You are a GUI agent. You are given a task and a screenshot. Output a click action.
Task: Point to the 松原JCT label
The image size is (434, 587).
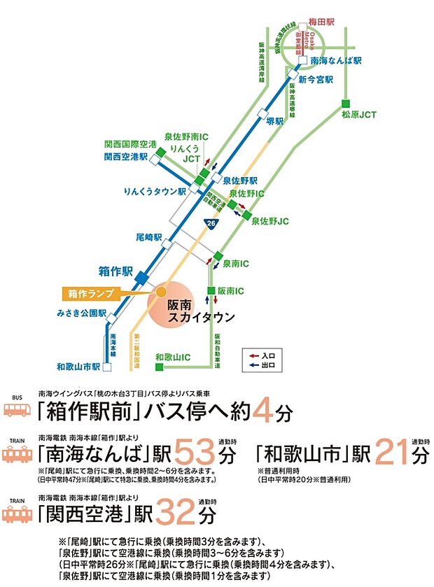coord(358,113)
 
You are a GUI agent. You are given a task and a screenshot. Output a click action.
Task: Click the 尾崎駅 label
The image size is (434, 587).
coord(148,238)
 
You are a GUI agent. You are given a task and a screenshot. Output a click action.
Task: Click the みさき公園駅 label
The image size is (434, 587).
coord(80,313)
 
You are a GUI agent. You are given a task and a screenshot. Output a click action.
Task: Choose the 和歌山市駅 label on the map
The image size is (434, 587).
coord(78,366)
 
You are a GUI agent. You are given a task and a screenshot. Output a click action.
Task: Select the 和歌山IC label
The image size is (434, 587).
coord(173,357)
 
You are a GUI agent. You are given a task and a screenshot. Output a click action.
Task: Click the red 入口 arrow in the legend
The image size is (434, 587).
coord(254,355)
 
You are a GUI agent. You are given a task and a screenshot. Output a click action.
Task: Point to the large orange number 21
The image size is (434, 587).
coord(393,449)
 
